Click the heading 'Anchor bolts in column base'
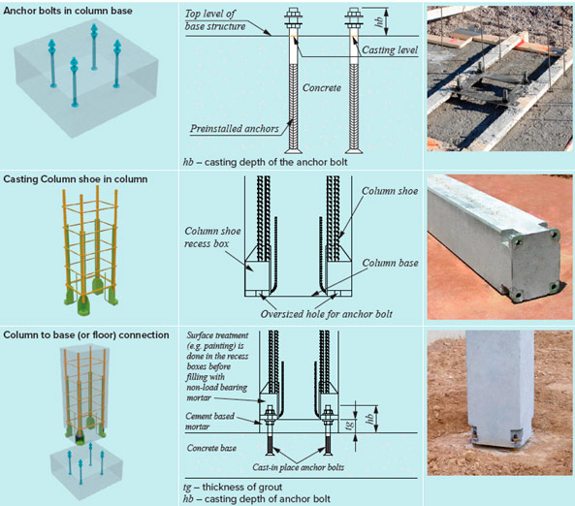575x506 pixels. click(x=68, y=11)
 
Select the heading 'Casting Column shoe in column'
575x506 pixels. click(x=76, y=179)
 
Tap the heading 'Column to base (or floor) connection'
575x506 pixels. click(x=86, y=335)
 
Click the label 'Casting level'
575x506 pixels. click(x=390, y=50)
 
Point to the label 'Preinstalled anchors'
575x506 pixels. click(x=235, y=129)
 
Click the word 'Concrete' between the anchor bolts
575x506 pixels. click(x=322, y=88)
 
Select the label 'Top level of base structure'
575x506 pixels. click(x=215, y=20)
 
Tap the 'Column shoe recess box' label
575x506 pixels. click(x=212, y=237)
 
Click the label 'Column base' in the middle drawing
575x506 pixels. click(x=390, y=264)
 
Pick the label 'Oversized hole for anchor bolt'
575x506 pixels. click(x=327, y=314)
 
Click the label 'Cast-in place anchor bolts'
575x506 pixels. click(x=298, y=467)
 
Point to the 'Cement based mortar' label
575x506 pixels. click(x=209, y=422)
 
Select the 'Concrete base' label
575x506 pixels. click(x=211, y=448)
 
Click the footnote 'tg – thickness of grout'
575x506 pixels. click(x=233, y=488)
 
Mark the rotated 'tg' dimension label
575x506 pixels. click(x=350, y=425)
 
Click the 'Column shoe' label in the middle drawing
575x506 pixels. click(x=390, y=191)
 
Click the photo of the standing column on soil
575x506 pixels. click(x=499, y=402)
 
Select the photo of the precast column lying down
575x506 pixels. click(x=499, y=247)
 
